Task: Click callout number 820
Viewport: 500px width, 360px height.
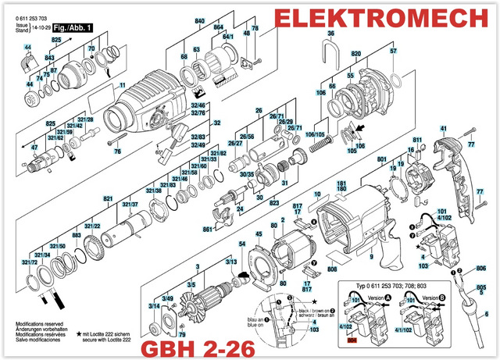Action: click(x=356, y=55)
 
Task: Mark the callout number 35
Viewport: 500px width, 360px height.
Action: click(x=330, y=34)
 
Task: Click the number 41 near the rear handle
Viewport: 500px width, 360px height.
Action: click(x=443, y=128)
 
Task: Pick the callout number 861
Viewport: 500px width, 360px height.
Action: click(x=208, y=230)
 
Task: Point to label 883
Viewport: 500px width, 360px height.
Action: click(x=77, y=235)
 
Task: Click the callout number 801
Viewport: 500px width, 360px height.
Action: click(x=381, y=160)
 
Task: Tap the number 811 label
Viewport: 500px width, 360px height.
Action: click(x=417, y=141)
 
